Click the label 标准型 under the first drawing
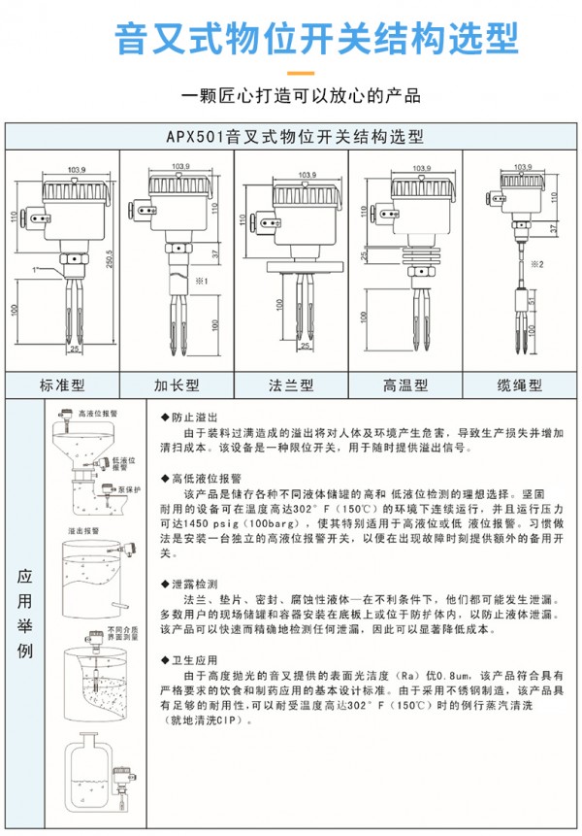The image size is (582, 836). coord(62,385)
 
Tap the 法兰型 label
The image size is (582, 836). coord(290,385)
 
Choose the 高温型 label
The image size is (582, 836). coord(404,385)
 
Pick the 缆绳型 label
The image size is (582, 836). coord(519,385)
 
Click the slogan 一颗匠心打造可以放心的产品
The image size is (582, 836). coord(291,96)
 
